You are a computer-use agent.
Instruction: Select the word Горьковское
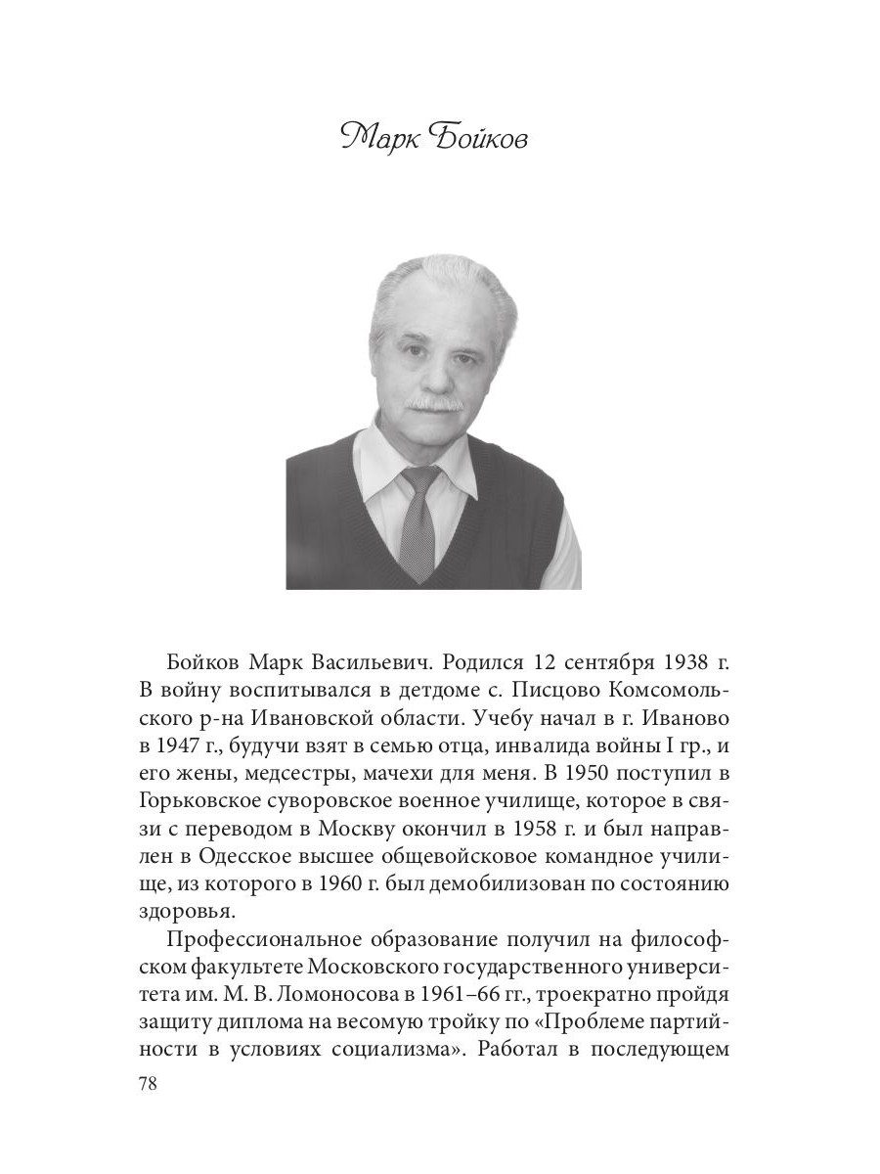pyautogui.click(x=209, y=813)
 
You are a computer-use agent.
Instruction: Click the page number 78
pyautogui.click(x=150, y=1084)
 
